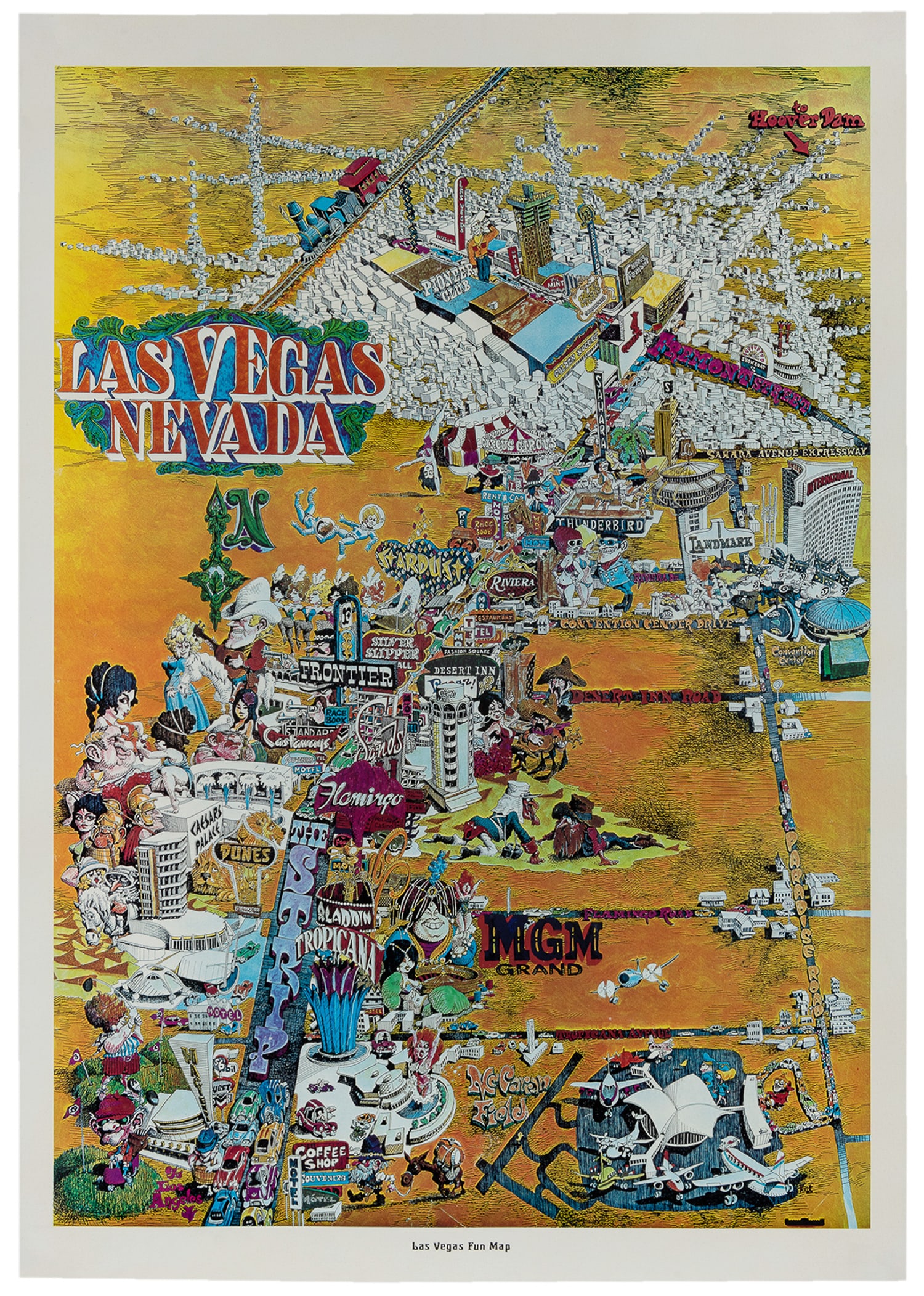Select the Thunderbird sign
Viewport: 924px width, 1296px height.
click(600, 524)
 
